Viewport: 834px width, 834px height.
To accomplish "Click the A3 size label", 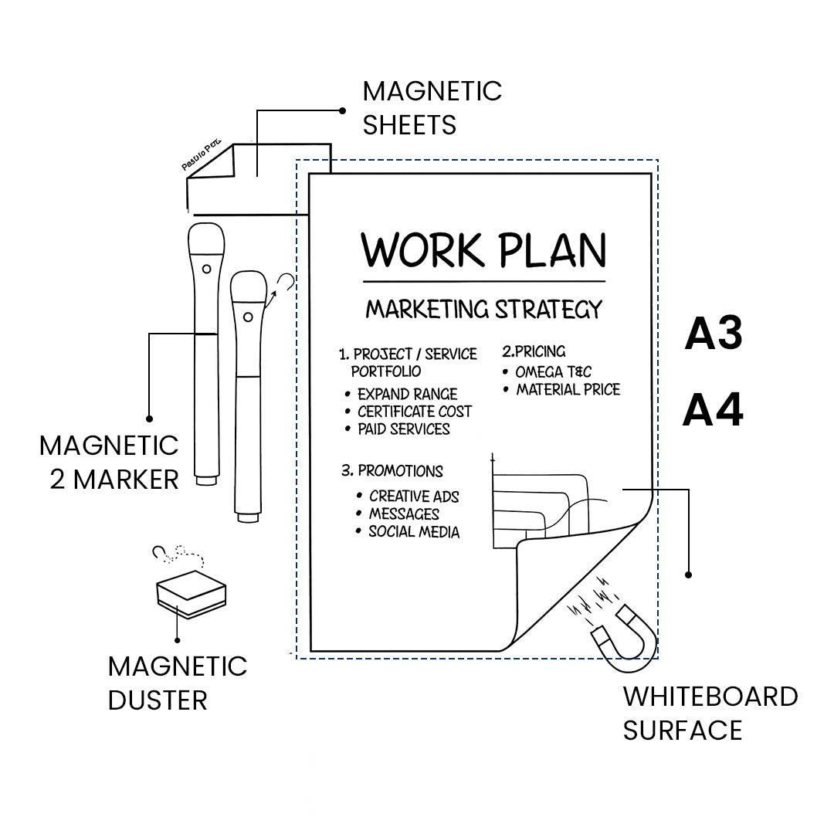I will (x=714, y=334).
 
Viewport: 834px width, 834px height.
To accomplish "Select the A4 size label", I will (x=713, y=411).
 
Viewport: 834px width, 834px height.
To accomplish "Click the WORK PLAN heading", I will (x=484, y=250).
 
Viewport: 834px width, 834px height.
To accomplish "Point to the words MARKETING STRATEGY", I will (x=483, y=310).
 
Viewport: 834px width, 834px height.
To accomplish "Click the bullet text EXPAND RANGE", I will (x=407, y=395).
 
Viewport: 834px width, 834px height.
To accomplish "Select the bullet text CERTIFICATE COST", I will (x=414, y=412).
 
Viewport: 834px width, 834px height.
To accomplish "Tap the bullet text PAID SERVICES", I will (x=403, y=429).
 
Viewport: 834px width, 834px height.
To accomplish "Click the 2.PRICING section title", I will (x=534, y=352).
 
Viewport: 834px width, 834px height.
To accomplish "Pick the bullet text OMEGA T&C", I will (x=553, y=372).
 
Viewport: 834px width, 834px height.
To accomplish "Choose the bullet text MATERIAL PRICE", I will (x=568, y=390).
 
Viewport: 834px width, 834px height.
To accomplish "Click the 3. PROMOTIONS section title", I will (x=392, y=471).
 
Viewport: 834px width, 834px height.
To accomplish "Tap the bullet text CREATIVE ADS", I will (x=414, y=497).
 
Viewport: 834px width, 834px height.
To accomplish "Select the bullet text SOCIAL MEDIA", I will (x=413, y=532).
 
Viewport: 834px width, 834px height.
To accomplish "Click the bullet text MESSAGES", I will (x=404, y=514).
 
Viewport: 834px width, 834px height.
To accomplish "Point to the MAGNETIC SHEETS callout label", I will (x=432, y=107).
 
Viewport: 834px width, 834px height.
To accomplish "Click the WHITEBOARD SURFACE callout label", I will (x=710, y=713).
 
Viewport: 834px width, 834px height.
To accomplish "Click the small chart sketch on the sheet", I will (x=541, y=506).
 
